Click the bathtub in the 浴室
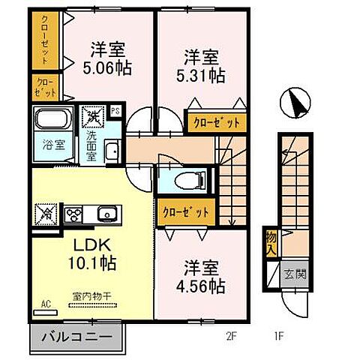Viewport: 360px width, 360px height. click(52, 119)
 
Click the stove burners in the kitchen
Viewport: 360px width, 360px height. click(76, 214)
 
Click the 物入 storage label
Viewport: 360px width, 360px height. click(270, 242)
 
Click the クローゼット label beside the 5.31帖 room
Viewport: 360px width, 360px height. click(216, 121)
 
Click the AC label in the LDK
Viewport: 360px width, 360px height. click(45, 304)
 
